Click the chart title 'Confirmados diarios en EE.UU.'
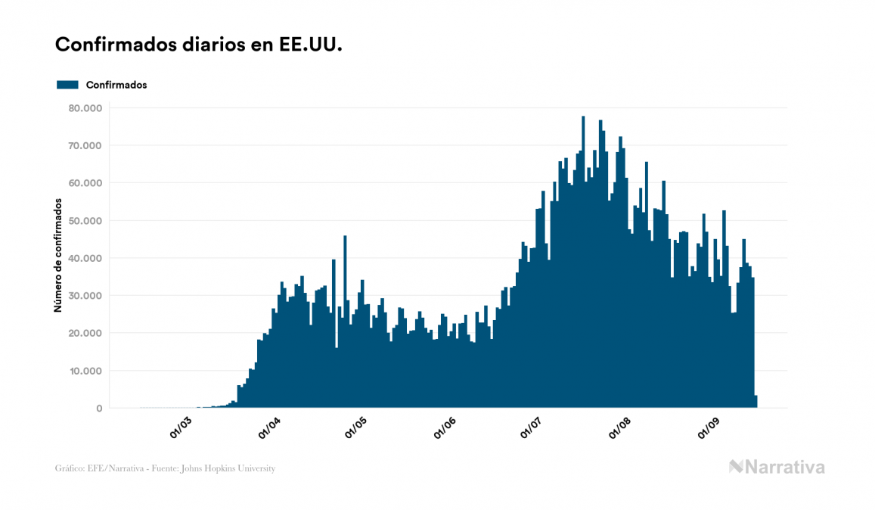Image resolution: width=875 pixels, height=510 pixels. [x=199, y=45]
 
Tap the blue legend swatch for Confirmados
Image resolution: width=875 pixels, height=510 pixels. [x=67, y=85]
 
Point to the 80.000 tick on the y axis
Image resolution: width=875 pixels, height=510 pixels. [x=84, y=108]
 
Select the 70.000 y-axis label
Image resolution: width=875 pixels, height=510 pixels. [x=84, y=145]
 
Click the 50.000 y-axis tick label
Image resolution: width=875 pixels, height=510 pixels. [x=84, y=221]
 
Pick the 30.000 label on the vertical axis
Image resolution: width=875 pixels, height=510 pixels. [x=84, y=296]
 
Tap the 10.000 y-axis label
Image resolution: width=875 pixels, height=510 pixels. [x=84, y=371]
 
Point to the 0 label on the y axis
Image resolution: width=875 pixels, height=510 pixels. [x=98, y=409]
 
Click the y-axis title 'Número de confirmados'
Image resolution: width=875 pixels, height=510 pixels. [x=57, y=255]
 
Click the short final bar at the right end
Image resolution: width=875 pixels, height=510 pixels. [x=756, y=402]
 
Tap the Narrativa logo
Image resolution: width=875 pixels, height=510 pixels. [x=777, y=467]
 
